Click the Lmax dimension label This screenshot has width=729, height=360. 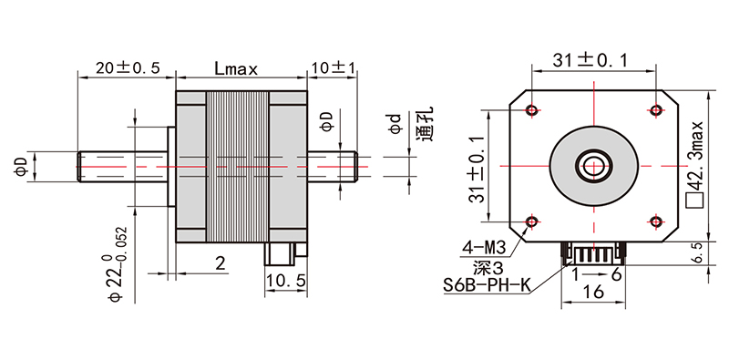[236, 69]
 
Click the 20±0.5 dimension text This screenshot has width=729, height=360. [128, 68]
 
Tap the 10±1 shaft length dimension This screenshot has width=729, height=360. [334, 68]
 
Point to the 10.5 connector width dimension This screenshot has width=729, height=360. [286, 281]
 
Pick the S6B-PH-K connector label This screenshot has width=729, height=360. [487, 284]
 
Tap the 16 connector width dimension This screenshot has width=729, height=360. [593, 292]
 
